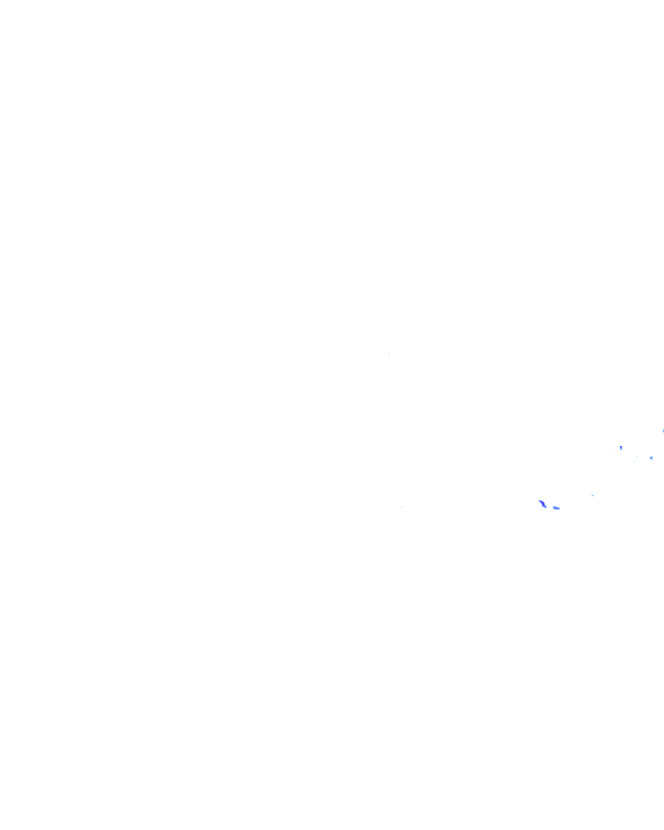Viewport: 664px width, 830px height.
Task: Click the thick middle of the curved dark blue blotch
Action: (542, 503)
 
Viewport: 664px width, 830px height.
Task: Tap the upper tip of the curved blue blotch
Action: (539, 501)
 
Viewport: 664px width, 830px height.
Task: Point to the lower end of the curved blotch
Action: (545, 506)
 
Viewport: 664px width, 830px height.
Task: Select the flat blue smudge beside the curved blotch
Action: (556, 508)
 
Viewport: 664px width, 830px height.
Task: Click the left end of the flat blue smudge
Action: (553, 508)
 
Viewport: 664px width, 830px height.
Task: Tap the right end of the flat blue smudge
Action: (560, 508)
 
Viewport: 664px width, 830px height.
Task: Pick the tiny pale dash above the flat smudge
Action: (592, 495)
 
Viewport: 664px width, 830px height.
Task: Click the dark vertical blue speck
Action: (621, 447)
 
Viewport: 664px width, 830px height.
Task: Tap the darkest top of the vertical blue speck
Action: (621, 446)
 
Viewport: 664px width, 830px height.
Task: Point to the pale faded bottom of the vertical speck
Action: (621, 450)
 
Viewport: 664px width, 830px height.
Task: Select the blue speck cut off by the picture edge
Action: (663, 431)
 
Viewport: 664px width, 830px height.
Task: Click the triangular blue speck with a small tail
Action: (651, 458)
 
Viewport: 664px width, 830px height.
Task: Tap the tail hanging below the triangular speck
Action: (652, 460)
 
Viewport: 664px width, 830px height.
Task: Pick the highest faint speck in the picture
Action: (389, 353)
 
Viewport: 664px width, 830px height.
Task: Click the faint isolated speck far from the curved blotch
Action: (401, 506)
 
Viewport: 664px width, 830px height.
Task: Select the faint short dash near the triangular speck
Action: (636, 457)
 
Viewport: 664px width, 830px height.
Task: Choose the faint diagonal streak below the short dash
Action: (634, 462)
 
